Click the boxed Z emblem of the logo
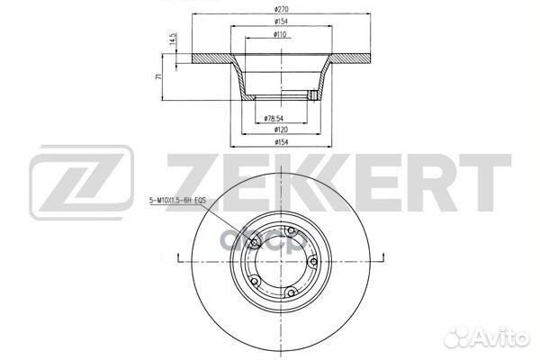[81, 184]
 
